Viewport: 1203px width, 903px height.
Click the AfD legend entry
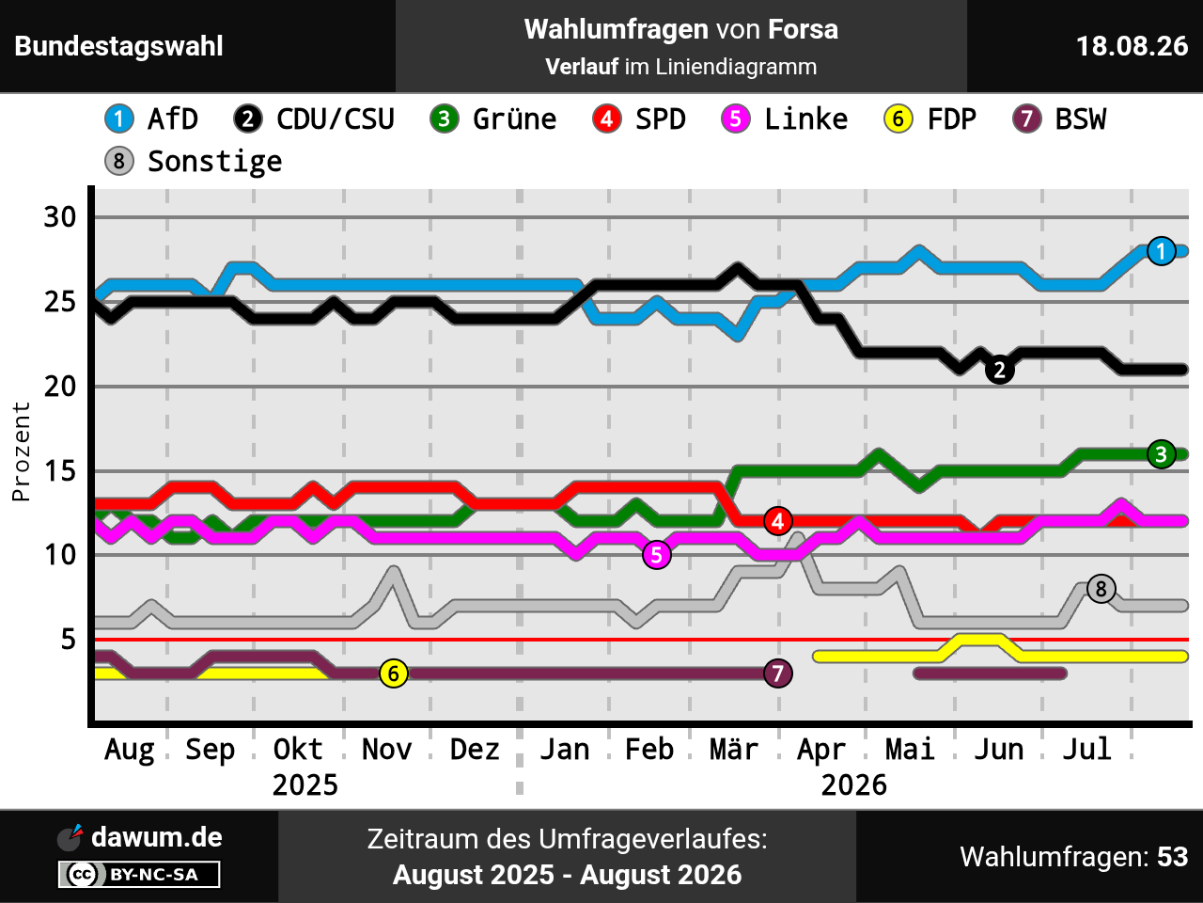(151, 119)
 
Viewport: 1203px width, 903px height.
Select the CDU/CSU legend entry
(314, 119)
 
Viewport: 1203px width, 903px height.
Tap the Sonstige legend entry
(194, 161)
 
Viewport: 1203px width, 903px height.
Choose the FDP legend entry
(930, 119)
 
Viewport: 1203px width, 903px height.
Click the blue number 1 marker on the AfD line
(1161, 251)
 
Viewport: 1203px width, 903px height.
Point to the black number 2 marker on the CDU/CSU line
(999, 370)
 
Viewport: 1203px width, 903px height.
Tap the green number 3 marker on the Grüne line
(1161, 454)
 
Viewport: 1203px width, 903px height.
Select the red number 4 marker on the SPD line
(777, 521)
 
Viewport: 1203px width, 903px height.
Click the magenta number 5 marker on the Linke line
(657, 555)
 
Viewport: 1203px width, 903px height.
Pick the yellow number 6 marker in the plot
(394, 673)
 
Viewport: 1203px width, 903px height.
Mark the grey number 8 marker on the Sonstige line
(1101, 589)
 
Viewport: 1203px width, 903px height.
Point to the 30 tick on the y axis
(60, 217)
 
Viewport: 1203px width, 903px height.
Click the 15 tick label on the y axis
(60, 471)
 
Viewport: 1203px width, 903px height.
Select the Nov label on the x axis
(387, 749)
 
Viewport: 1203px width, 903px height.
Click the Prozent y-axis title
(21, 451)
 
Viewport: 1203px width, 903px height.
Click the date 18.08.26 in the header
(1132, 46)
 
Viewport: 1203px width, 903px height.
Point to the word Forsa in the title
(803, 29)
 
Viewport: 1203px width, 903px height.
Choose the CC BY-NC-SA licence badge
(139, 874)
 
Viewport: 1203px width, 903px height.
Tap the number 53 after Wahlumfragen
(1172, 856)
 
